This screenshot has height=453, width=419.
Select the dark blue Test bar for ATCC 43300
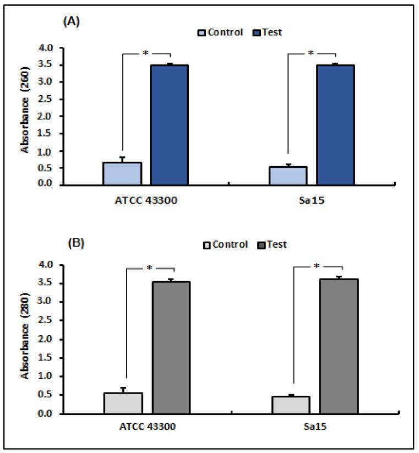170,125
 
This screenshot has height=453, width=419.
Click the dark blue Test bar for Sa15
335,125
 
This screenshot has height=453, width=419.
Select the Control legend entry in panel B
227,244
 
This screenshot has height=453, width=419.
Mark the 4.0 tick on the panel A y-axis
47,48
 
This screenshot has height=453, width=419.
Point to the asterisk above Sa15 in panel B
316,266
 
